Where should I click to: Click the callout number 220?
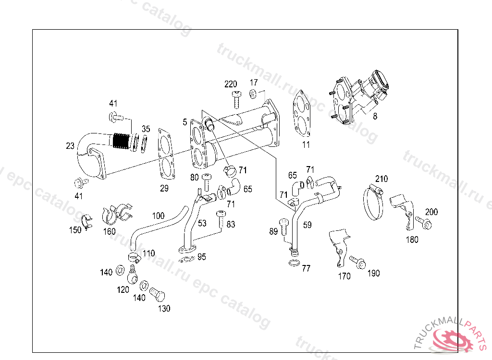pos(231,84)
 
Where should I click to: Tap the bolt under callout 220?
pos(236,99)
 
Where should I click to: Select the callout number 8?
pos(375,116)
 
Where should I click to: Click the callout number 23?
pos(70,146)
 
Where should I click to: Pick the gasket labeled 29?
pos(166,154)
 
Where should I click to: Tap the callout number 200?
pos(431,212)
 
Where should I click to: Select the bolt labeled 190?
pos(357,262)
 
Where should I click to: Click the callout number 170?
pos(344,276)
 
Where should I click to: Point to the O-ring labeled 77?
pos(294,263)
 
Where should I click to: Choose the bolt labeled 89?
pos(283,227)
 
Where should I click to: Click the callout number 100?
pos(158,216)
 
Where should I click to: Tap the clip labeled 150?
pos(87,221)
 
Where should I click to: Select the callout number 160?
pos(109,231)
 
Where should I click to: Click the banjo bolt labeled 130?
pos(157,294)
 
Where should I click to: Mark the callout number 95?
pos(202,257)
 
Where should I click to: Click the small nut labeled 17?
pos(253,93)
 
